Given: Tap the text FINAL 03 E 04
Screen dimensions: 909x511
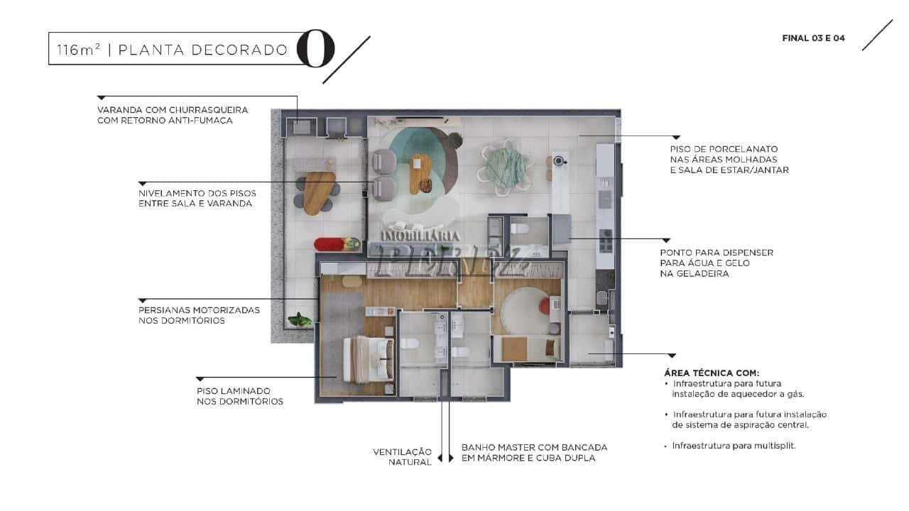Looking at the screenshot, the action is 813,38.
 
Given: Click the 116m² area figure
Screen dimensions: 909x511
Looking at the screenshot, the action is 79,50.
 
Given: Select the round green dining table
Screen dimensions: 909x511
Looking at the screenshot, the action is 506,167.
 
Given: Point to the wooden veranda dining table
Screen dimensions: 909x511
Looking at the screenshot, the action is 320,193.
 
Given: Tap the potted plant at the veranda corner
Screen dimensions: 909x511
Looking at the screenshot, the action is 300,320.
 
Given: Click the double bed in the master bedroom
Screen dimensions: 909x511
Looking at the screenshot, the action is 369,359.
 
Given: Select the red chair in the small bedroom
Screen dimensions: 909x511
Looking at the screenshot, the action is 545,305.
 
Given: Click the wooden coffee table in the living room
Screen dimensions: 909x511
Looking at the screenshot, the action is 420,174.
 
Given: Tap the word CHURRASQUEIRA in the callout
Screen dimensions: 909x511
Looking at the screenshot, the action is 209,110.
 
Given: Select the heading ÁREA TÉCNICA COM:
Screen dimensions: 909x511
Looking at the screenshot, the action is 712,373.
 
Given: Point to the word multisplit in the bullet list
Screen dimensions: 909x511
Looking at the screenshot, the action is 775,446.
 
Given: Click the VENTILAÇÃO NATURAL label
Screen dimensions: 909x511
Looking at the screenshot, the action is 402,456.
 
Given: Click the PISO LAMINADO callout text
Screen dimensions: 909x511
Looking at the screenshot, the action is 240,396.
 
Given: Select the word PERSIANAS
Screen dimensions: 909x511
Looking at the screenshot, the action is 164,310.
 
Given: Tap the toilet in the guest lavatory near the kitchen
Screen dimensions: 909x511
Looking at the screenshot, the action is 519,229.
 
